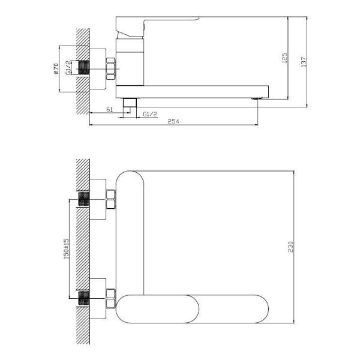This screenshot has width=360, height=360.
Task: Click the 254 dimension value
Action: click(x=173, y=121)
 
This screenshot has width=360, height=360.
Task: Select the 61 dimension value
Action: click(x=110, y=110)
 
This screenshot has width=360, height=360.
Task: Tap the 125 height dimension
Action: click(x=284, y=58)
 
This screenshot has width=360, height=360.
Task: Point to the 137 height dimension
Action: click(x=304, y=62)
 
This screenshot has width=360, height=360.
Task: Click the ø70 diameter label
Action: click(x=56, y=69)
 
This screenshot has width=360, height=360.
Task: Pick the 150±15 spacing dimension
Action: click(x=66, y=248)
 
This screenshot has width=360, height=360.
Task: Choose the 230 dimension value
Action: click(x=290, y=247)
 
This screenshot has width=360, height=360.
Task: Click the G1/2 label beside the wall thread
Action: click(x=68, y=68)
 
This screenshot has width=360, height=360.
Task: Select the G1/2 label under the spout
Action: click(x=150, y=114)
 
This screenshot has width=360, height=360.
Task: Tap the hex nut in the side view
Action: click(x=110, y=69)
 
